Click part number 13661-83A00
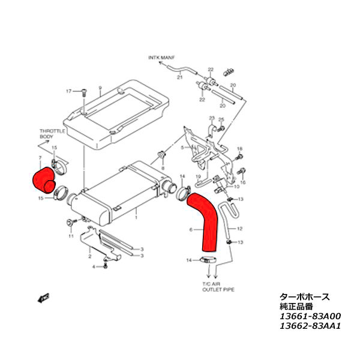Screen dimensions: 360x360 click(x=310, y=316)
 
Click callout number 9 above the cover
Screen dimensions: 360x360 click(x=100, y=88)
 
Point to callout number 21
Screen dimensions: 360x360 click(x=179, y=76)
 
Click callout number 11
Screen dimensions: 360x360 click(x=70, y=236)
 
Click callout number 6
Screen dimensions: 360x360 click(x=191, y=230)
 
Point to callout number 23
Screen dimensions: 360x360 click(x=211, y=118)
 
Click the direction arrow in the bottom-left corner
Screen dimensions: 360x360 click(x=43, y=298)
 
